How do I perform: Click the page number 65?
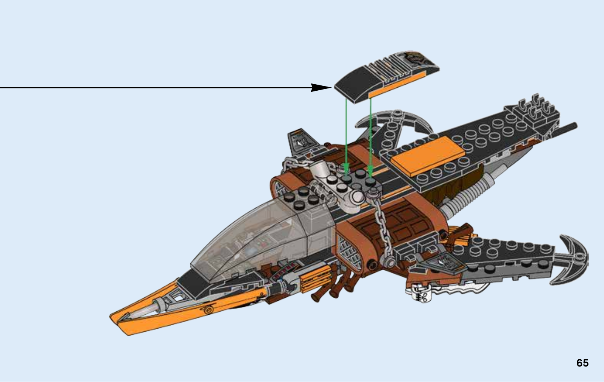point(582,363)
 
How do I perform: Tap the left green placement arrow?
point(346,132)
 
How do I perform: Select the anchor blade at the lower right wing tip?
point(572,261)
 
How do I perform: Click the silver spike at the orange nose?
point(145,309)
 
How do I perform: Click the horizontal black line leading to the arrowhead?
point(151,88)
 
